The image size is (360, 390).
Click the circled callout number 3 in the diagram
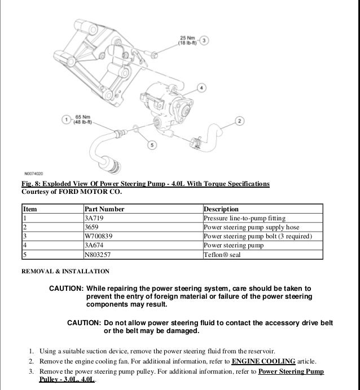coord(204,40)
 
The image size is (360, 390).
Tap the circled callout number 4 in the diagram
coord(203,88)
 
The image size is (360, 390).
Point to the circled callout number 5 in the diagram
coord(151,145)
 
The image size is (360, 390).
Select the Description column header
coord(221,209)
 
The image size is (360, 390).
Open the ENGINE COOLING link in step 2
coord(263,361)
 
